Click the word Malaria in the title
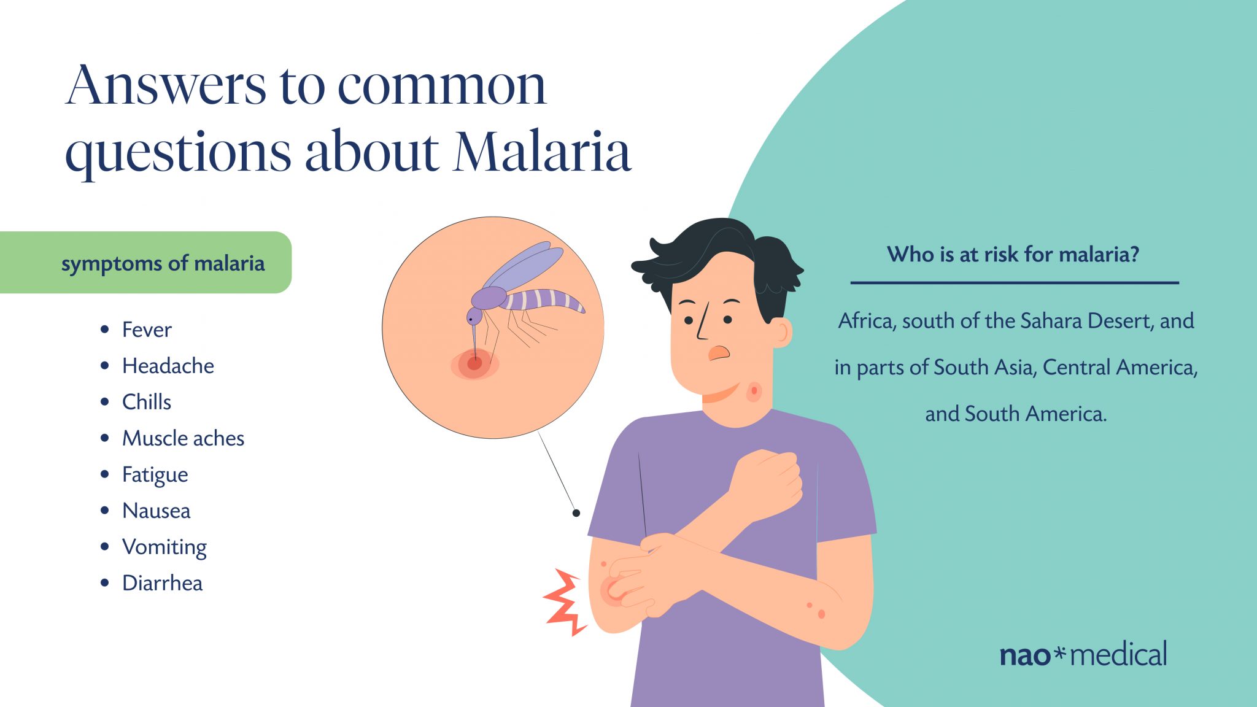[543, 151]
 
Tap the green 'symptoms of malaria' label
[145, 263]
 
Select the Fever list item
[147, 330]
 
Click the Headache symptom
[168, 366]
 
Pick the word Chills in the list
[147, 402]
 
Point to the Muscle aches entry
[183, 438]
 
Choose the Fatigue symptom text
[155, 475]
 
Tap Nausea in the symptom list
[156, 511]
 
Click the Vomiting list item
[164, 547]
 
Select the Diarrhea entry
[162, 583]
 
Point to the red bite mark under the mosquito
[474, 363]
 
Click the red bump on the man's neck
[754, 391]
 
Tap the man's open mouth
[719, 353]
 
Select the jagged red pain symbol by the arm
[565, 602]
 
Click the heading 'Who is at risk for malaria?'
[1013, 254]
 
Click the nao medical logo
[1083, 654]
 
